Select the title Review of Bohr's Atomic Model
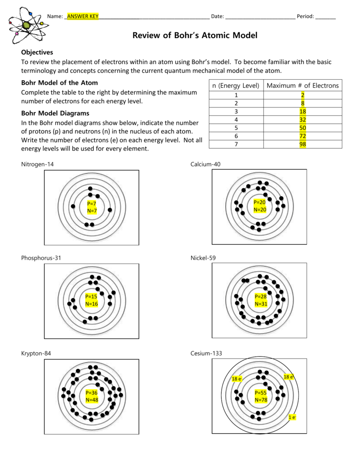coord(195,35)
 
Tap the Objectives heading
coord(37,52)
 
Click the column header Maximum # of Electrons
coord(303,86)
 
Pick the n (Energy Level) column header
coord(236,86)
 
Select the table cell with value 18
coord(303,111)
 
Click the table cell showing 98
coord(303,144)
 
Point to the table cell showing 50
coord(303,128)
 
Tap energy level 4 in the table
coord(236,120)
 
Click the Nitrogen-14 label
coord(37,164)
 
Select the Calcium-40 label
coord(205,164)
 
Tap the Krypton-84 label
coord(36,353)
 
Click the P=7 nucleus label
coord(91,203)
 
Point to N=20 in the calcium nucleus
coord(260,210)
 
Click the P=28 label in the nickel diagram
coord(260,296)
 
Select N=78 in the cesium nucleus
coord(261,400)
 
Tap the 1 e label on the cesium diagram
coord(292,417)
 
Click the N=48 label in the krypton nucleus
coord(91,400)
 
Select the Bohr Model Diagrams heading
coord(56,113)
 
